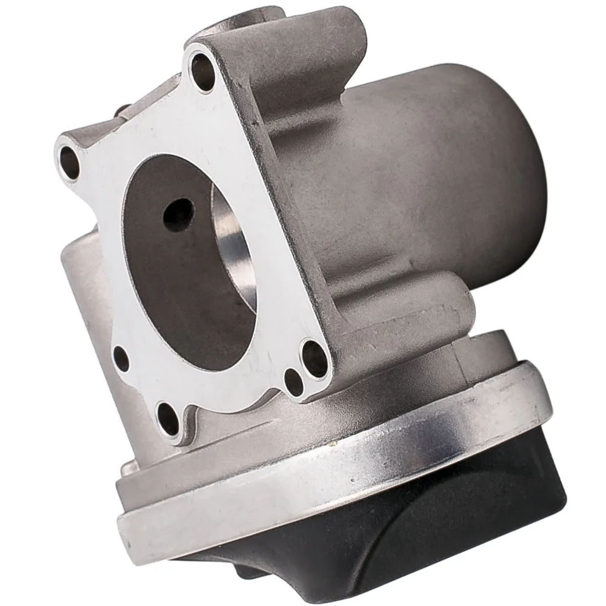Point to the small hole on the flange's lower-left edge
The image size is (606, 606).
(121, 359)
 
